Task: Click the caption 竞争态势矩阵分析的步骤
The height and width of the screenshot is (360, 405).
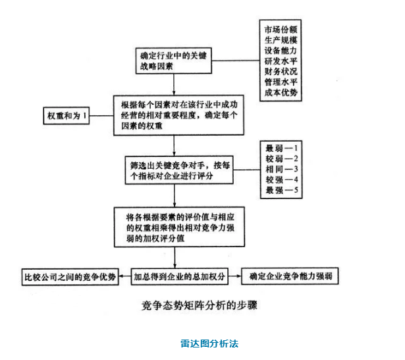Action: coord(196,306)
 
